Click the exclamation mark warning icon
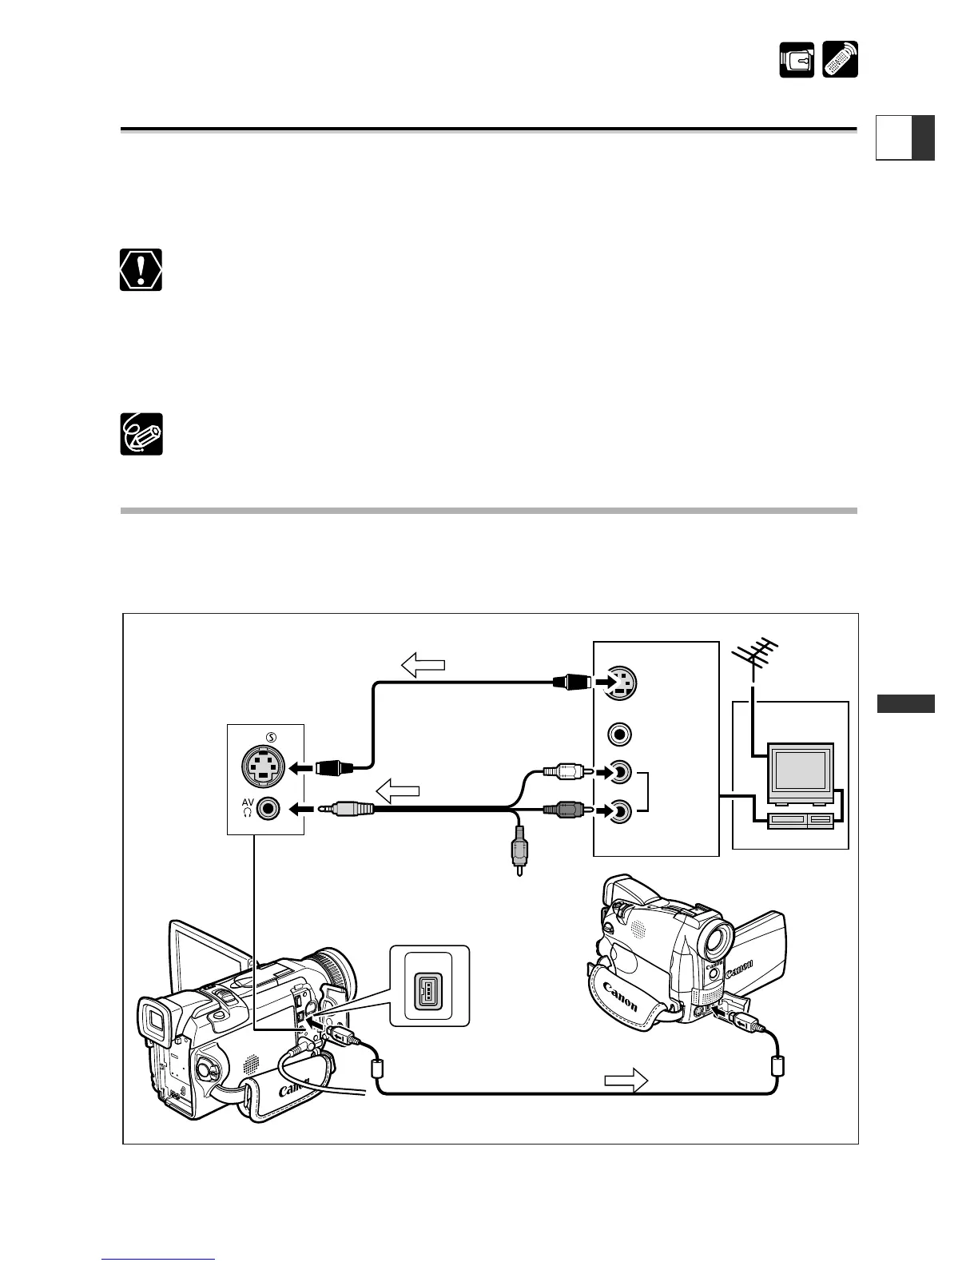[141, 269]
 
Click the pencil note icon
[141, 435]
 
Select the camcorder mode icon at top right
[797, 60]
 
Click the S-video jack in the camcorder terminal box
[264, 767]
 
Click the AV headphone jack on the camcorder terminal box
[269, 810]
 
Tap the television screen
[800, 770]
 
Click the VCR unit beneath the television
[799, 819]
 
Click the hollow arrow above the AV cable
[397, 792]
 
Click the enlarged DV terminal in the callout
[429, 985]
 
